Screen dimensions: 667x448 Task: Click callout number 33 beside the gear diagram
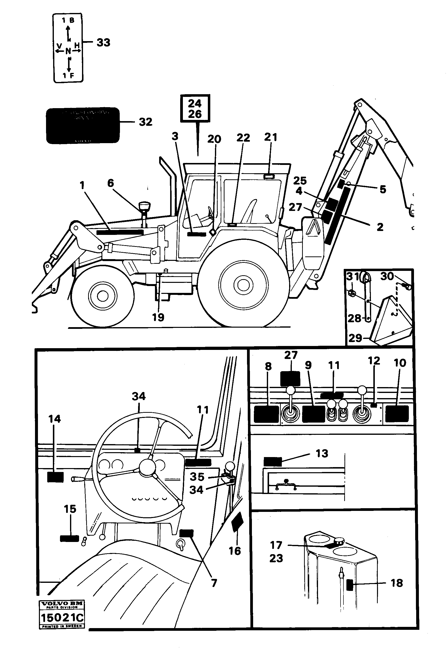103,43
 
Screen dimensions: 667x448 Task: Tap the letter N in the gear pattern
68,51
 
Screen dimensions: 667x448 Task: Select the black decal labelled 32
83,125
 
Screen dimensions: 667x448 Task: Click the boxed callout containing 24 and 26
195,108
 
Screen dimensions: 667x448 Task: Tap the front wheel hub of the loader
102,296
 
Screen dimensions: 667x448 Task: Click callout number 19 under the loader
158,317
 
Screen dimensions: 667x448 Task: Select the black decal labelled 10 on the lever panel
397,414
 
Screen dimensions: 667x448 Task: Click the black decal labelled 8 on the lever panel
266,414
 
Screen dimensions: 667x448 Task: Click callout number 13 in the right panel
322,453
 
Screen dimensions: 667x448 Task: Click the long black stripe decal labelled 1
120,232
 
